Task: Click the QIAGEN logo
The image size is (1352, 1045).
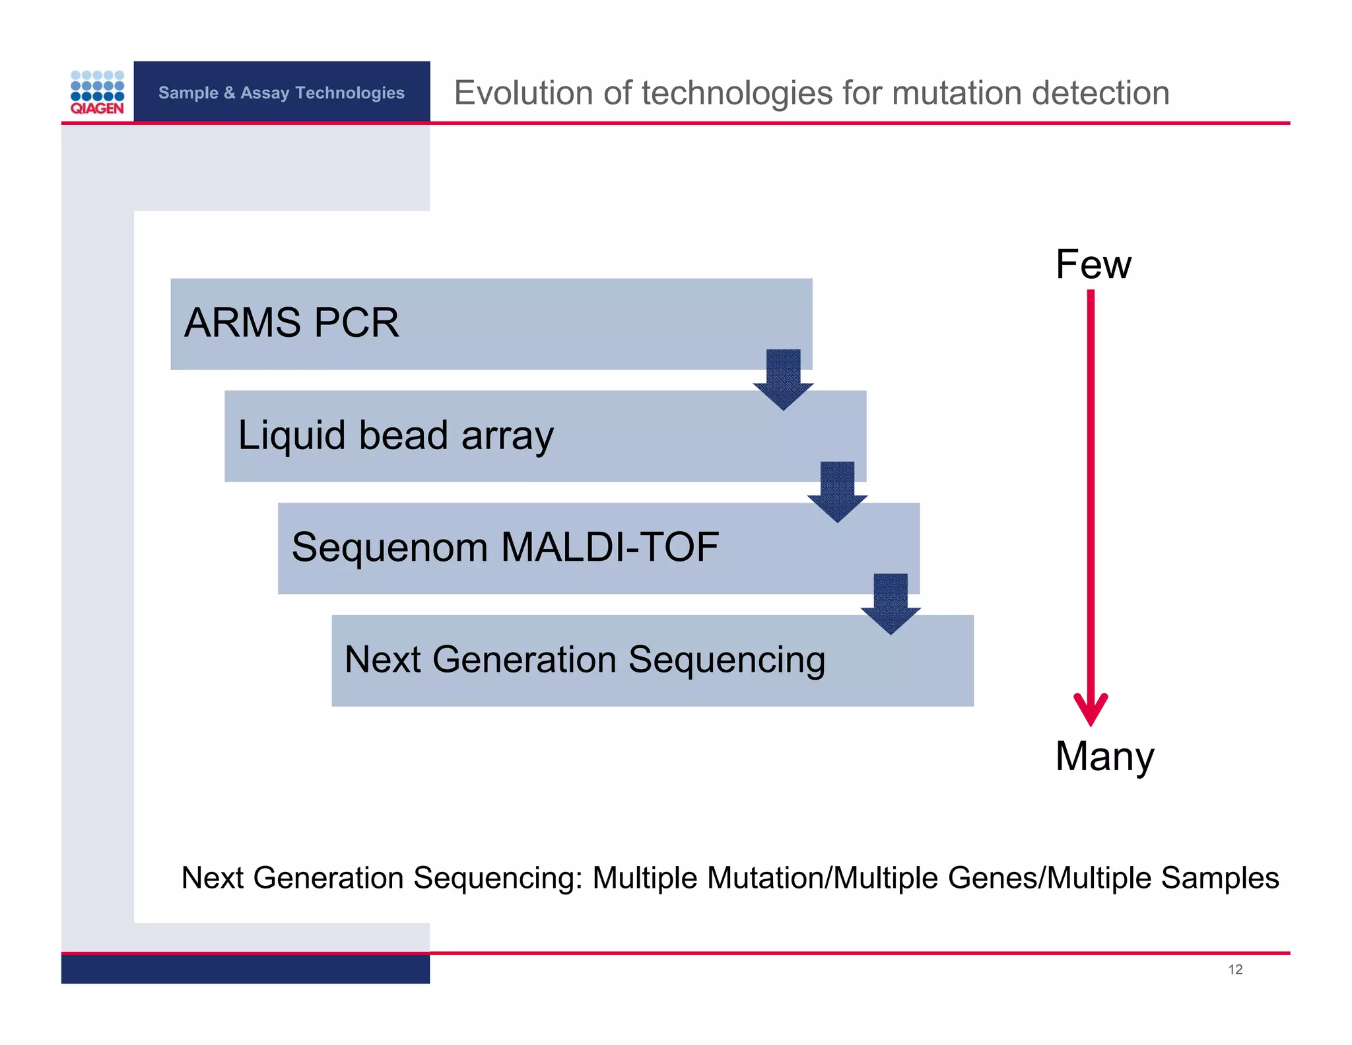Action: [x=97, y=92]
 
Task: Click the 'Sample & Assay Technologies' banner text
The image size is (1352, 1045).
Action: [x=281, y=92]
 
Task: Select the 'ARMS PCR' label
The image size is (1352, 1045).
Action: [x=291, y=322]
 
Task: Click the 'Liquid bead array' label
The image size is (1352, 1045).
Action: [x=395, y=436]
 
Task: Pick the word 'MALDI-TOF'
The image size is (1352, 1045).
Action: [x=609, y=547]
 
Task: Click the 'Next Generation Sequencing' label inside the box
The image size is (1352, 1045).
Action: [x=585, y=659]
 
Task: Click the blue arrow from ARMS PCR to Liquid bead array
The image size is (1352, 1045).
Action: [x=783, y=379]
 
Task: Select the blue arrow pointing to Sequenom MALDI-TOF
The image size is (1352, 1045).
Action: [x=837, y=491]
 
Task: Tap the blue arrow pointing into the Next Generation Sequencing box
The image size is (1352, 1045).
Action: [x=891, y=604]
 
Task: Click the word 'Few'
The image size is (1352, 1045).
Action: [x=1093, y=264]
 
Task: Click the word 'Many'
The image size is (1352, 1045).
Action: [x=1104, y=756]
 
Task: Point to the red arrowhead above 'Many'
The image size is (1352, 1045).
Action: [x=1091, y=710]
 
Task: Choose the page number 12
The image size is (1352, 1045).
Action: [x=1235, y=969]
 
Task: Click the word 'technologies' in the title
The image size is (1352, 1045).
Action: [x=737, y=92]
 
